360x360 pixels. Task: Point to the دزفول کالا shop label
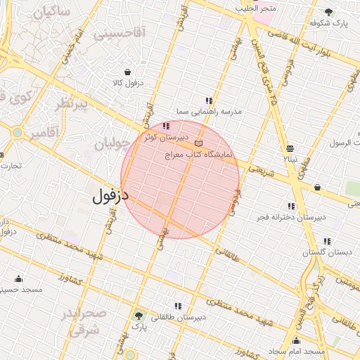pyautogui.click(x=127, y=83)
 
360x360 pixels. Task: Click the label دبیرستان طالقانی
pyautogui.click(x=180, y=317)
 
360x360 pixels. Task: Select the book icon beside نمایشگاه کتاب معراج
pyautogui.click(x=198, y=143)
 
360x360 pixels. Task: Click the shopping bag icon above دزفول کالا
pyautogui.click(x=127, y=72)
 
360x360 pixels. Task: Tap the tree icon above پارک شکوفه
pyautogui.click(x=328, y=12)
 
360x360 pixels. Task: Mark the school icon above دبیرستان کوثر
pyautogui.click(x=166, y=127)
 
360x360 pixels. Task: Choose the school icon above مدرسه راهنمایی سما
pyautogui.click(x=208, y=101)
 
